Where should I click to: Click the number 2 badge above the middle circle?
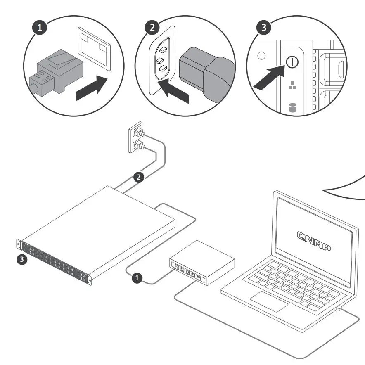[152, 28]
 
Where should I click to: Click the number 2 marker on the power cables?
[139, 177]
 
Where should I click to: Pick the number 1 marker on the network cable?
[137, 279]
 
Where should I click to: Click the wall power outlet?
[137, 137]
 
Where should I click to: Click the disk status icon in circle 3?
[293, 108]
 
